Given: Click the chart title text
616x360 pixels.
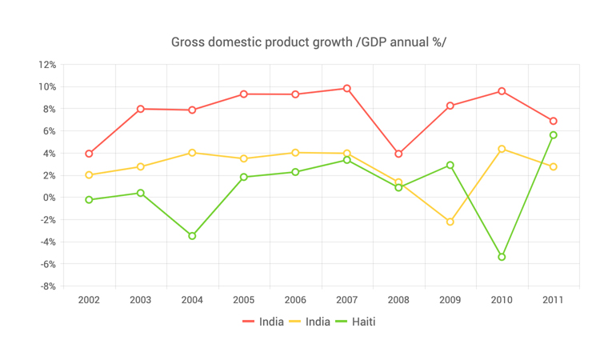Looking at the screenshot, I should click(308, 42).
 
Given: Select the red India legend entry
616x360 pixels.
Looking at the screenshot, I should click(263, 322).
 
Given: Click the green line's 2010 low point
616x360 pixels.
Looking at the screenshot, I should click(502, 257).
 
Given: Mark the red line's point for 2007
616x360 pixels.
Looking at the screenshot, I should click(347, 89).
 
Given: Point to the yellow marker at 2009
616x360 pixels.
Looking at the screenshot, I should click(450, 222).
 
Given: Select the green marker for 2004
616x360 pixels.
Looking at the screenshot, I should click(192, 236).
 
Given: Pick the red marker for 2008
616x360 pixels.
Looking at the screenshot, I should click(398, 154).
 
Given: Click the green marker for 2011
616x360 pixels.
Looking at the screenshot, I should click(554, 135).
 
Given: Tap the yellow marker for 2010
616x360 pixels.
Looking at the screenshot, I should click(502, 149).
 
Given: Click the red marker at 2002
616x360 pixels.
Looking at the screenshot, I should click(89, 154).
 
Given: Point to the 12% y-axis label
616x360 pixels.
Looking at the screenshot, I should click(46, 65).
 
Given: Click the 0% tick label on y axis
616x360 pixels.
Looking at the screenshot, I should click(49, 198).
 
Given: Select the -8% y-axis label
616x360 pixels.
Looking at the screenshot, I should click(46, 286).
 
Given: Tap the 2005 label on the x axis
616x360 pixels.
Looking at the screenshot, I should click(244, 300).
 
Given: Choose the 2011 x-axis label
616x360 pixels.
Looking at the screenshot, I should click(553, 300).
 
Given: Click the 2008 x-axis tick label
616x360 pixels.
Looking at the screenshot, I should click(398, 300).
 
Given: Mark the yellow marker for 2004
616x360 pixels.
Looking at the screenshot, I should click(192, 153).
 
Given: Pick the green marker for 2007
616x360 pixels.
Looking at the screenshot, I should click(347, 160).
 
